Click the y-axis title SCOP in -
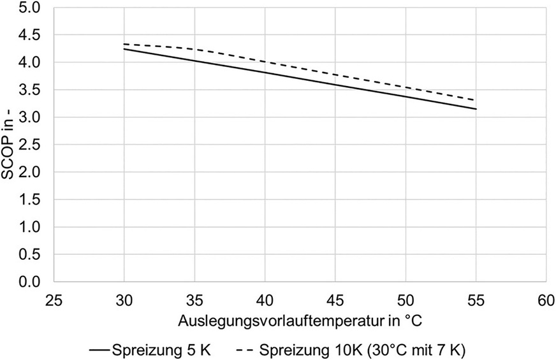tap(10, 145)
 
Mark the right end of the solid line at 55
tap(476, 109)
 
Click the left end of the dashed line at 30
tap(124, 44)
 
